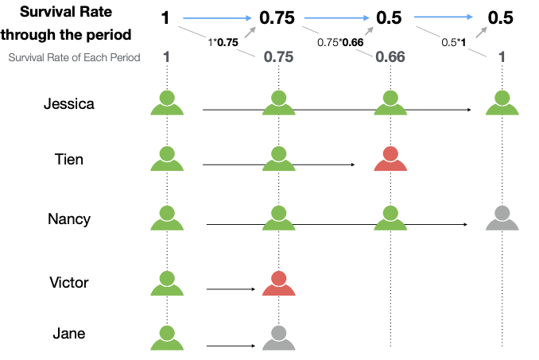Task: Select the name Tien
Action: tap(68, 159)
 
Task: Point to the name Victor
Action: tap(68, 282)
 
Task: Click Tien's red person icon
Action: tap(390, 159)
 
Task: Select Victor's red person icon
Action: tap(278, 283)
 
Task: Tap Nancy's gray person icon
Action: tap(502, 218)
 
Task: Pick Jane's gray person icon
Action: tap(278, 338)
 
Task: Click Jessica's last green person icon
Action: tap(502, 103)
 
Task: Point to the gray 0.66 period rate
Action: tap(390, 56)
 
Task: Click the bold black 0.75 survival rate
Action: tap(277, 18)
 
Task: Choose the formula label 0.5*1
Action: tap(453, 41)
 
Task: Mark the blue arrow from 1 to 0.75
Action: tap(218, 16)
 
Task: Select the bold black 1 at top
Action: tap(165, 17)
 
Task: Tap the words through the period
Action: tap(67, 35)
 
